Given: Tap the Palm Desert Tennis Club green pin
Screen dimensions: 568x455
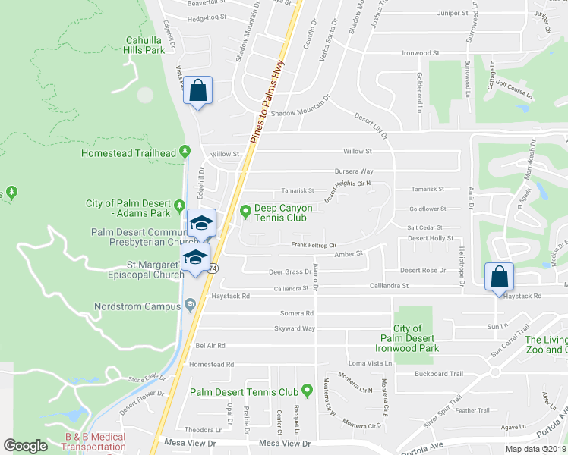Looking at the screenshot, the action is click(x=308, y=391).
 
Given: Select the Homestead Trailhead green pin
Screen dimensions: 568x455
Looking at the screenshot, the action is click(x=185, y=152).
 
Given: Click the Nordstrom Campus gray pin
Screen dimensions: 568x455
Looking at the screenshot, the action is click(x=190, y=306).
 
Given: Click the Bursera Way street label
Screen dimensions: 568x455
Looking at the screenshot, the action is click(x=355, y=171).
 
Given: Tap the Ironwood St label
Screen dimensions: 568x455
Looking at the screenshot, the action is click(x=421, y=54).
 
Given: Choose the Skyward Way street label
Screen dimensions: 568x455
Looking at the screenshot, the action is click(x=296, y=328).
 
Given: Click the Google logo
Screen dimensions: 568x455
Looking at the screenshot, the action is click(x=25, y=446).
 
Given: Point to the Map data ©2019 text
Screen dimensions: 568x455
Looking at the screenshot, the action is click(x=536, y=449).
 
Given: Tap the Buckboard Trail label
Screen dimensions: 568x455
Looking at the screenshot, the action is click(x=439, y=373).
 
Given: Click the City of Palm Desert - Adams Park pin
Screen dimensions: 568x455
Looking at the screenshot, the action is click(x=178, y=206).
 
